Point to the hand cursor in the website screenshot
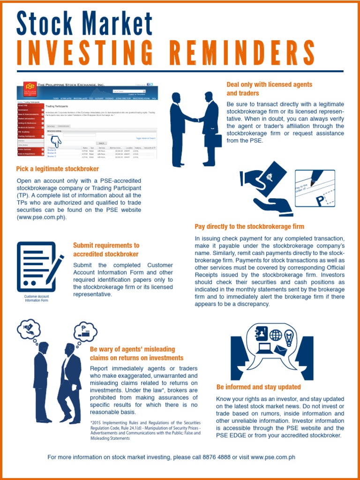tap(56, 140)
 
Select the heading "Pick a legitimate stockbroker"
tap(58, 169)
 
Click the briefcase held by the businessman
tap(213, 141)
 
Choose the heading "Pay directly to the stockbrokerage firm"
tap(249, 226)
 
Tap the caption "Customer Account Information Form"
tap(37, 298)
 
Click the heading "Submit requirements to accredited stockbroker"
tap(106, 250)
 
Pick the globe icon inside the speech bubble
tap(275, 335)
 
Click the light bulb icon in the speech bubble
tap(289, 337)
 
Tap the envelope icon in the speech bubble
tap(281, 350)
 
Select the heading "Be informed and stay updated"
tap(259, 387)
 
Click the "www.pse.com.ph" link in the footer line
tap(273, 457)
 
